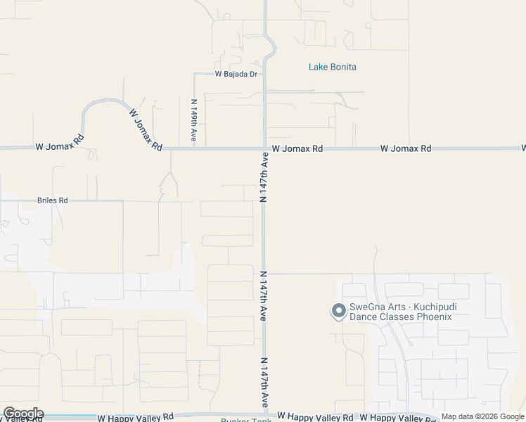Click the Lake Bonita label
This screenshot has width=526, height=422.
(x=333, y=67)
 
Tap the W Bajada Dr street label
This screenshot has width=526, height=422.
(x=236, y=74)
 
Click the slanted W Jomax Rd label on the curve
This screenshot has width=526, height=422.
(x=146, y=129)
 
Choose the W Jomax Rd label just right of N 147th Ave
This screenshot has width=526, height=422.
(x=297, y=149)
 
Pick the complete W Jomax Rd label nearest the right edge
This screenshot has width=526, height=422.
(x=406, y=149)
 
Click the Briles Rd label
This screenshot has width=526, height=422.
(x=53, y=200)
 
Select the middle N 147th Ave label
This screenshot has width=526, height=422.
(x=265, y=295)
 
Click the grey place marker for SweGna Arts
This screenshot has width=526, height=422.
(x=338, y=310)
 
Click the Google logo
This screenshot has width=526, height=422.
(x=23, y=414)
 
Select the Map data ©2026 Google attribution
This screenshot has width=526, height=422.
(x=482, y=417)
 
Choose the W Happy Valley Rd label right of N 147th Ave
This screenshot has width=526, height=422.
(x=315, y=417)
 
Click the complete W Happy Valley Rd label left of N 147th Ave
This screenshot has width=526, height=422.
(x=136, y=417)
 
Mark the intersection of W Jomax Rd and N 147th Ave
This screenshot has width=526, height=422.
(x=265, y=148)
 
